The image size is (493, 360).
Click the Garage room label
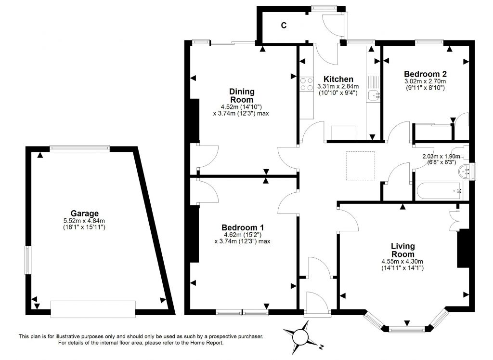click(x=84, y=213)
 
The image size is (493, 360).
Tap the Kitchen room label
click(x=338, y=79)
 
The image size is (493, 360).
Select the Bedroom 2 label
click(x=425, y=74)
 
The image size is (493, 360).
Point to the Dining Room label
click(x=242, y=96)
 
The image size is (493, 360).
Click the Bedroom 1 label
click(x=243, y=227)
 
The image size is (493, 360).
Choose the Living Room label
click(x=403, y=250)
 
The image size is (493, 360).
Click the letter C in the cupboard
click(x=284, y=26)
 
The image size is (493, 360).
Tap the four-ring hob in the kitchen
click(x=307, y=84)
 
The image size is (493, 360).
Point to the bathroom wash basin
click(x=464, y=172)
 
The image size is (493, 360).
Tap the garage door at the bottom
click(x=93, y=309)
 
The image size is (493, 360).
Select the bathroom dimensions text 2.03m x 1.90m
click(x=441, y=157)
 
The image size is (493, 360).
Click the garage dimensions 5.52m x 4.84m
click(x=84, y=221)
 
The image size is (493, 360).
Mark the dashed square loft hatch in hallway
click(x=360, y=166)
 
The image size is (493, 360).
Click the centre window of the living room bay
click(x=407, y=330)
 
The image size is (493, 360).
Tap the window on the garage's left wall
click(x=27, y=260)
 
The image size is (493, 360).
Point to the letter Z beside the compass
click(x=321, y=347)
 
